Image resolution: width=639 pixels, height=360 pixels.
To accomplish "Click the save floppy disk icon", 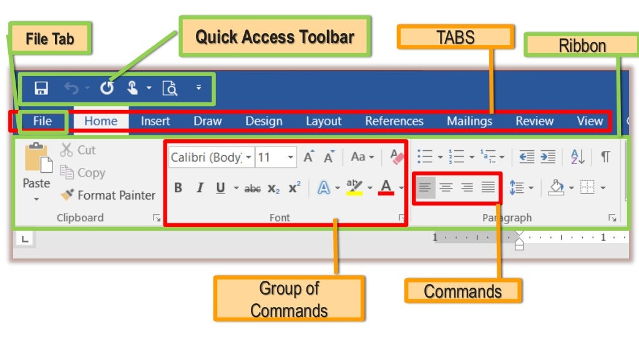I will click(x=41, y=88).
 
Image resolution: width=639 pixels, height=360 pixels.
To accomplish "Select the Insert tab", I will click(x=155, y=121).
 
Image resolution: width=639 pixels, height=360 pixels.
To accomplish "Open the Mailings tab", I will click(x=469, y=121).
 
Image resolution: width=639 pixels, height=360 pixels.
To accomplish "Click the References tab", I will click(x=394, y=121).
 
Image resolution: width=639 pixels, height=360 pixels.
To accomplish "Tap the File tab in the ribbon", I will click(x=42, y=121).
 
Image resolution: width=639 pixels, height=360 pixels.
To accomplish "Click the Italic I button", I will click(x=200, y=188).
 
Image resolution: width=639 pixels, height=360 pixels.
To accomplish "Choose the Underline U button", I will click(x=220, y=188).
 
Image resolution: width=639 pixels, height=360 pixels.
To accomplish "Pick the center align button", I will click(x=446, y=187).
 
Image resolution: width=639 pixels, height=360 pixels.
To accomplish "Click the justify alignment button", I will click(x=488, y=187).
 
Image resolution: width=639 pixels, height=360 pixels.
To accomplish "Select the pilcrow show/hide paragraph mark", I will click(x=605, y=157).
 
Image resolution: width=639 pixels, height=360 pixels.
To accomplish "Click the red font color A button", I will click(x=386, y=187).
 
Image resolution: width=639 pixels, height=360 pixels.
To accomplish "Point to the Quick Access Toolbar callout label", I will click(x=275, y=36).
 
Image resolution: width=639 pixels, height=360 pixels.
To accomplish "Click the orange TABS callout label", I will click(x=456, y=37).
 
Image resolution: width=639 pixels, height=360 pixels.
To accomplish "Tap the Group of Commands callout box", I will click(x=289, y=299).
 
